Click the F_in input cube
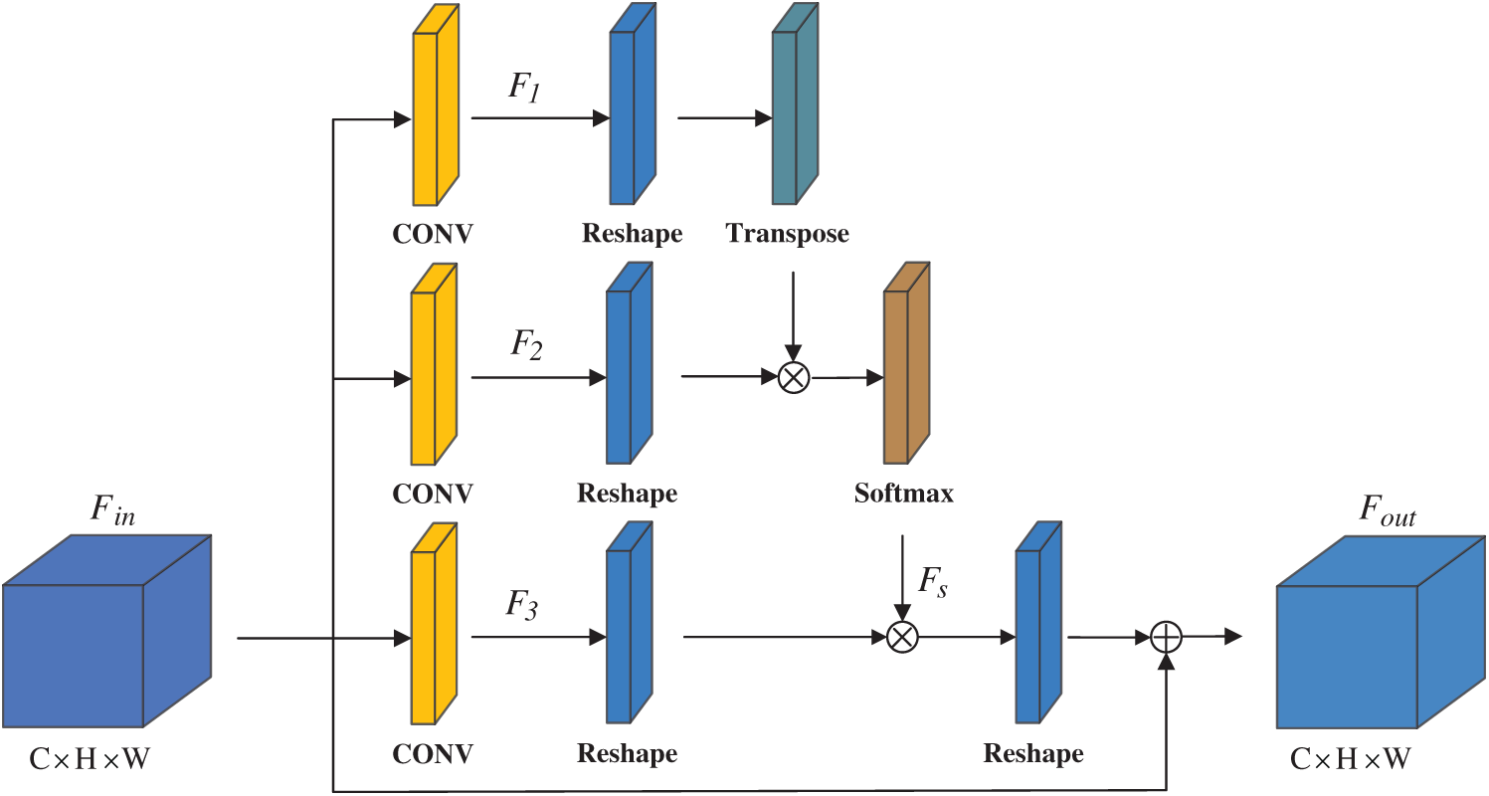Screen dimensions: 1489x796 pyautogui.click(x=107, y=631)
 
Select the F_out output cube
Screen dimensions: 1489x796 pyautogui.click(x=1381, y=632)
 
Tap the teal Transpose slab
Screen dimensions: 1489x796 pyautogui.click(x=795, y=103)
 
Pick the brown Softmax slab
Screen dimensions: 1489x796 pyautogui.click(x=907, y=363)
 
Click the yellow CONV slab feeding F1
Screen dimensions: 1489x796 pyautogui.click(x=436, y=105)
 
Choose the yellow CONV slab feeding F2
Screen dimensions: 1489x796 pyautogui.click(x=434, y=364)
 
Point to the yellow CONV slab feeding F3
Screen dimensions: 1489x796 pyautogui.click(x=434, y=623)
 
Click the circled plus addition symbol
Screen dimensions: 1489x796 pyautogui.click(x=1166, y=637)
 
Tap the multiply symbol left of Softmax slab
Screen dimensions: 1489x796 pyautogui.click(x=794, y=378)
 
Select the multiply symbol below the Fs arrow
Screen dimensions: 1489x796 pyautogui.click(x=903, y=637)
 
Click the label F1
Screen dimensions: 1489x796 pyautogui.click(x=524, y=88)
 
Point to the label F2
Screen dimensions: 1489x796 pyautogui.click(x=526, y=345)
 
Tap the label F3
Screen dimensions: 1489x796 pyautogui.click(x=522, y=605)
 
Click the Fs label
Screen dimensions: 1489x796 pyautogui.click(x=933, y=582)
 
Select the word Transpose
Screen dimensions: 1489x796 pyautogui.click(x=787, y=234)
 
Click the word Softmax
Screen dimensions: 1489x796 pyautogui.click(x=903, y=494)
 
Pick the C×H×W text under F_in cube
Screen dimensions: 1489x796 pyautogui.click(x=90, y=759)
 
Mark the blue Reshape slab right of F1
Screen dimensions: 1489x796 pyautogui.click(x=633, y=103)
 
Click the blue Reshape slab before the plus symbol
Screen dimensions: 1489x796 pyautogui.click(x=1038, y=623)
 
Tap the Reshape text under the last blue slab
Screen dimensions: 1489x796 pyautogui.click(x=1033, y=754)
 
